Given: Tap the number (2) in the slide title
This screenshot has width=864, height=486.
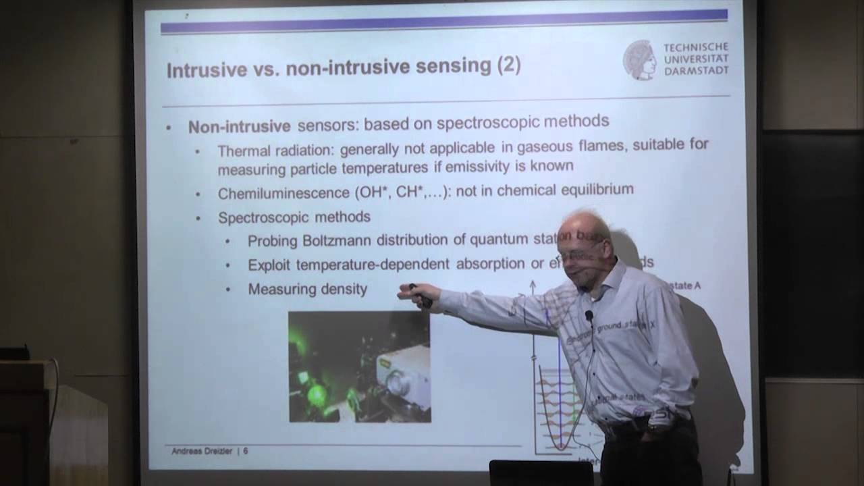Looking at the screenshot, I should point(509,65).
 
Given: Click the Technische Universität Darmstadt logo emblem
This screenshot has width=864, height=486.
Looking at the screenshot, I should point(639,59).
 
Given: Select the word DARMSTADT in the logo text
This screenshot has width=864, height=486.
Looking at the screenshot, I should point(696,70).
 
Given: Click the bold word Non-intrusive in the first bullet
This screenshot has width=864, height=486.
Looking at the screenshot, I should point(239,126).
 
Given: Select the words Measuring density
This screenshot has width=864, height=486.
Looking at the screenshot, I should point(307,289).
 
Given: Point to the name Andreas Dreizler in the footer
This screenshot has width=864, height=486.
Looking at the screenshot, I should point(202,450).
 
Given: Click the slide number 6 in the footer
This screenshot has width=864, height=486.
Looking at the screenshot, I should point(245,450).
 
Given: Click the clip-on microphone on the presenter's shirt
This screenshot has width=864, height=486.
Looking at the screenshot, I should point(589,316).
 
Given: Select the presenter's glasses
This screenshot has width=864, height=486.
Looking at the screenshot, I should point(574,255).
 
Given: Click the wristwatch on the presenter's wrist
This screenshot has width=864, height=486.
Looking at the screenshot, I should point(653,428).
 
